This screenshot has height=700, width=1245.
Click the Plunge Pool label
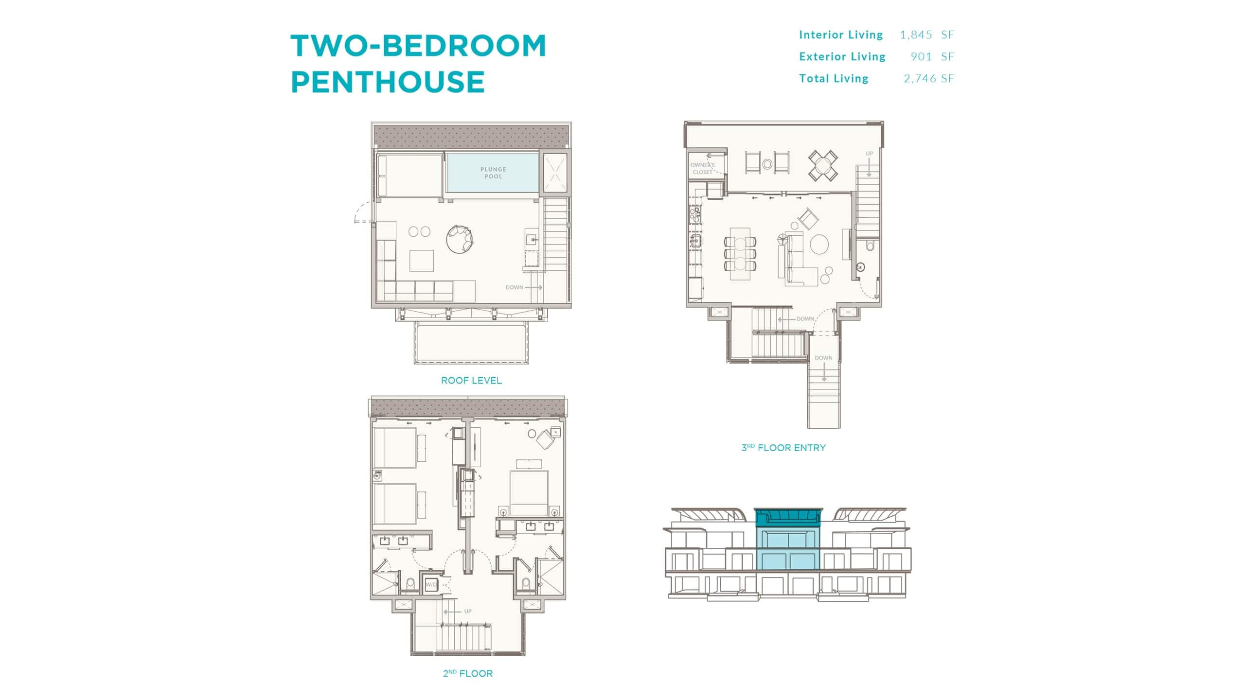(493, 173)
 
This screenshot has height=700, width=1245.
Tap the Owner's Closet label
(702, 168)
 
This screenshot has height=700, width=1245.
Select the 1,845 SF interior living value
(926, 35)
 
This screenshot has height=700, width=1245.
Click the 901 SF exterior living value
(932, 56)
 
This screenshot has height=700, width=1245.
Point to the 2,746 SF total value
(928, 78)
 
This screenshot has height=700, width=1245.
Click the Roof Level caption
(471, 381)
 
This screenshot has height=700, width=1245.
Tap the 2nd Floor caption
(467, 673)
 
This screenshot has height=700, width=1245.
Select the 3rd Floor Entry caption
(783, 448)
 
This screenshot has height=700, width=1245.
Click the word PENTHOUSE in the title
(388, 81)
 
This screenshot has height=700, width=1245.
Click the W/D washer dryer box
(431, 585)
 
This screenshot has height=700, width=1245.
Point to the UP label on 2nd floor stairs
(467, 612)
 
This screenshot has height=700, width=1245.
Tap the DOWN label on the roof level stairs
(514, 287)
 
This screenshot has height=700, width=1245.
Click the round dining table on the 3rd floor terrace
(823, 166)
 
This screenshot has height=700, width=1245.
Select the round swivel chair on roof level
(459, 239)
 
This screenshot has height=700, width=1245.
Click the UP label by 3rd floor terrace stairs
(869, 154)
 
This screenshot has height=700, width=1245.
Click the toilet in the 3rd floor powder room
(870, 246)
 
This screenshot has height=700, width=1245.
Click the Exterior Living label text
(842, 56)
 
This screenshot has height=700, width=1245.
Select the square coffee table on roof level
(421, 260)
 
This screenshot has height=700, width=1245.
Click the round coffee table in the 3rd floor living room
(819, 245)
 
